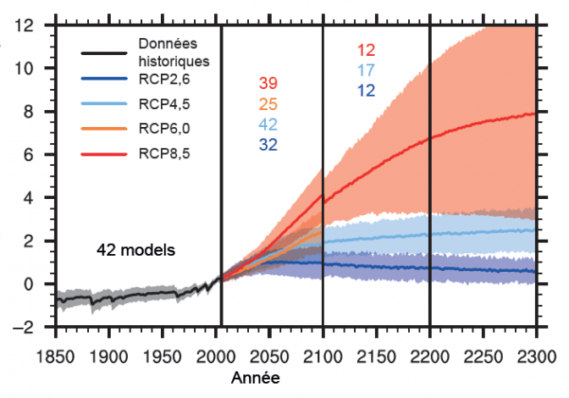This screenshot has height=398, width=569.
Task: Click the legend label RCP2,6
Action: (x=166, y=80)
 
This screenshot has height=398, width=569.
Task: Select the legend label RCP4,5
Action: (x=166, y=105)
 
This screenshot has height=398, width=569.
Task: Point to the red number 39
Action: (x=268, y=83)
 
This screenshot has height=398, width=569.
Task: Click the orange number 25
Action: (x=268, y=104)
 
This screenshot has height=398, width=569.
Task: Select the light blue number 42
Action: (x=268, y=124)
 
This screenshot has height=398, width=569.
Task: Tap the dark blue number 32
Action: (x=268, y=145)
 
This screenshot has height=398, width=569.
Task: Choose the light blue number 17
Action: (x=367, y=70)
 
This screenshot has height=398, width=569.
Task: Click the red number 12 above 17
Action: (x=367, y=50)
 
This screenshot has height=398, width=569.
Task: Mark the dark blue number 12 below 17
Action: (x=367, y=91)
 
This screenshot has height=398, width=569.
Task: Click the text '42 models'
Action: (x=135, y=250)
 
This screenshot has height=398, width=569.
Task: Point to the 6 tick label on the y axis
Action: (x=28, y=155)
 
